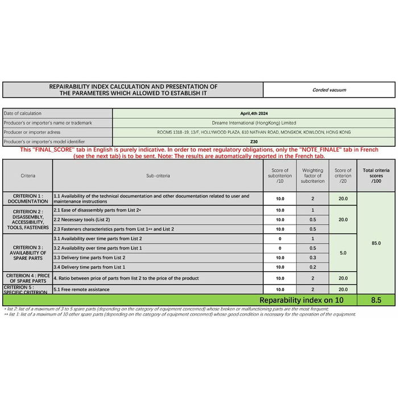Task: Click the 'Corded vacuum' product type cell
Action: click(x=329, y=90)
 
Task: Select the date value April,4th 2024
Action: click(x=253, y=113)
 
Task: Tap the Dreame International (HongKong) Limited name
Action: click(x=253, y=123)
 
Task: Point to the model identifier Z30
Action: click(x=253, y=141)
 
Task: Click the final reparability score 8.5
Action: click(x=376, y=300)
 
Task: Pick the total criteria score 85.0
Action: click(x=376, y=243)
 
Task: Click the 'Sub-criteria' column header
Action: click(x=158, y=176)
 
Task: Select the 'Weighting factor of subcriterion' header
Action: click(x=313, y=176)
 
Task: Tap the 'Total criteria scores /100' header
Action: click(x=376, y=175)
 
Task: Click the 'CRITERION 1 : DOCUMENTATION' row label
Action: click(x=28, y=198)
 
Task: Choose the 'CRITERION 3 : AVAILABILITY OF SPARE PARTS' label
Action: click(x=28, y=252)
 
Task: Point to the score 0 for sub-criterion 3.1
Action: click(x=280, y=239)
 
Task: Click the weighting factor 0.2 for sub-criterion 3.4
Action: click(x=313, y=267)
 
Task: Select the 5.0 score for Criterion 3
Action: click(x=343, y=252)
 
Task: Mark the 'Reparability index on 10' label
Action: click(x=301, y=300)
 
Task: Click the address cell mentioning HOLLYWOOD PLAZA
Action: click(x=253, y=132)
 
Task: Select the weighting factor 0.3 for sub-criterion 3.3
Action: click(x=313, y=258)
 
